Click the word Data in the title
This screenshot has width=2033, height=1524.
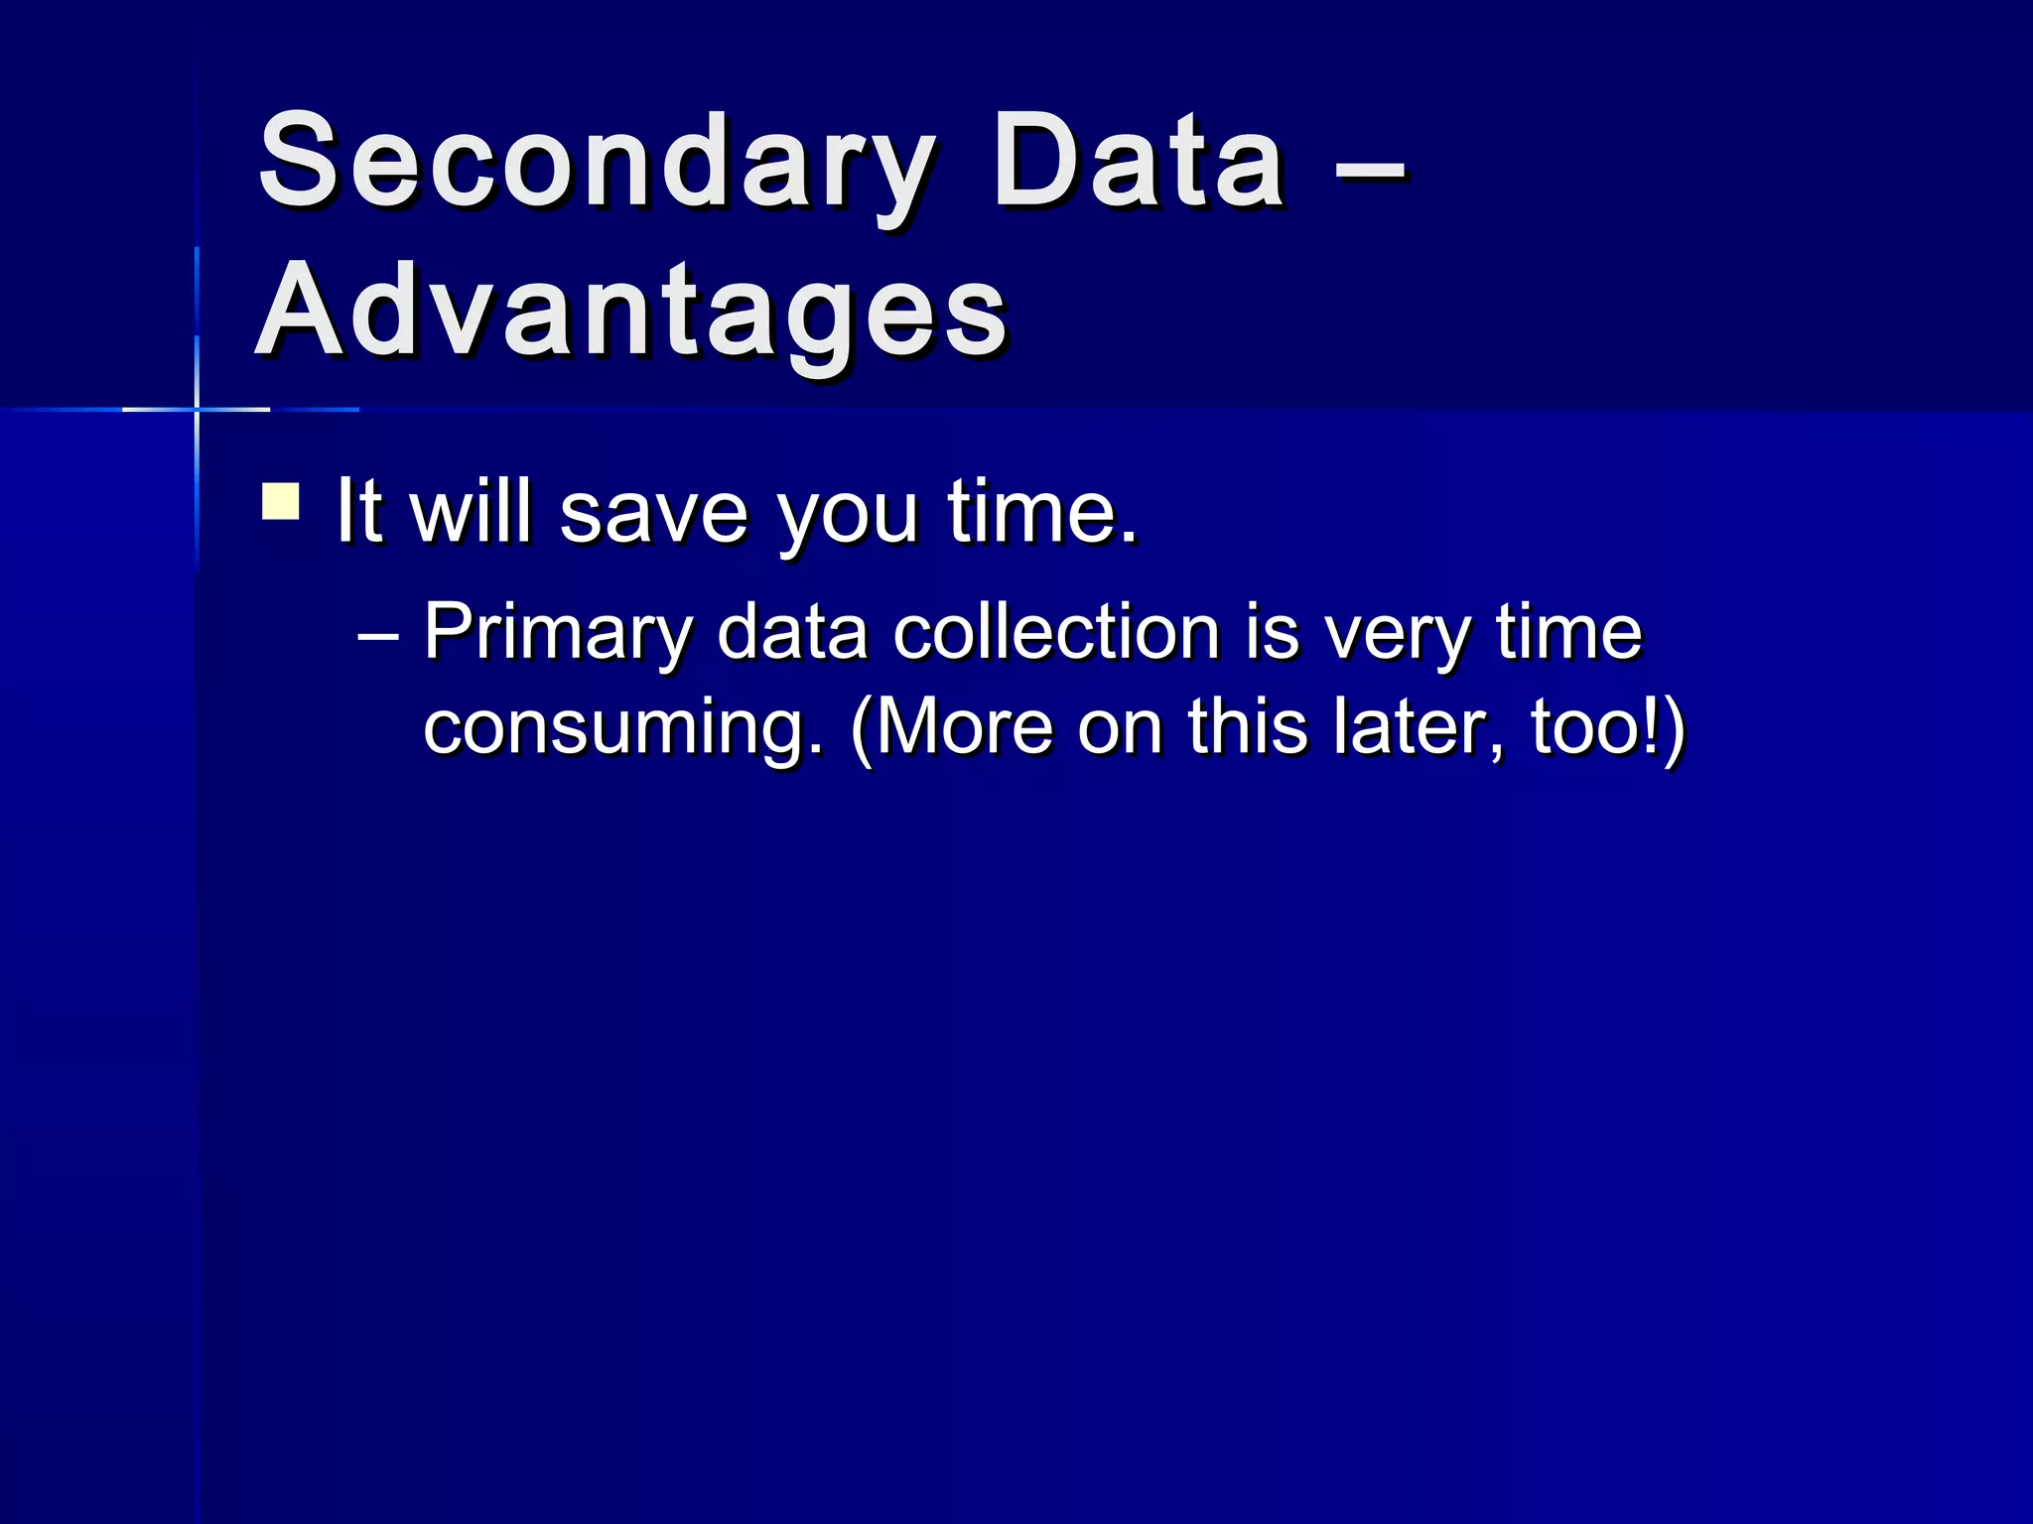[x=1139, y=164]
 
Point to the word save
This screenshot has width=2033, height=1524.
[x=652, y=513]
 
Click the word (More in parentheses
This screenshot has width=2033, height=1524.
[x=951, y=727]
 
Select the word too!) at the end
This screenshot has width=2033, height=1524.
[x=1607, y=727]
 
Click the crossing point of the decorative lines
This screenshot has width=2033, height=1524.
[x=197, y=409]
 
